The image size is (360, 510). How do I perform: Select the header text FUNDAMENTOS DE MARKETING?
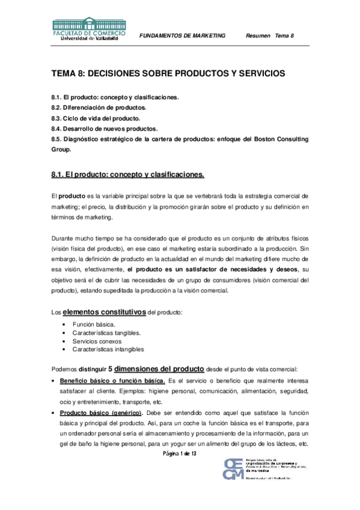click(182, 36)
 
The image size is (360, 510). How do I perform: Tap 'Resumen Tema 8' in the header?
click(270, 36)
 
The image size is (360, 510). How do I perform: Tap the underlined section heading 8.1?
click(128, 175)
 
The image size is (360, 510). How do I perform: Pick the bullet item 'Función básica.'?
click(91, 324)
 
